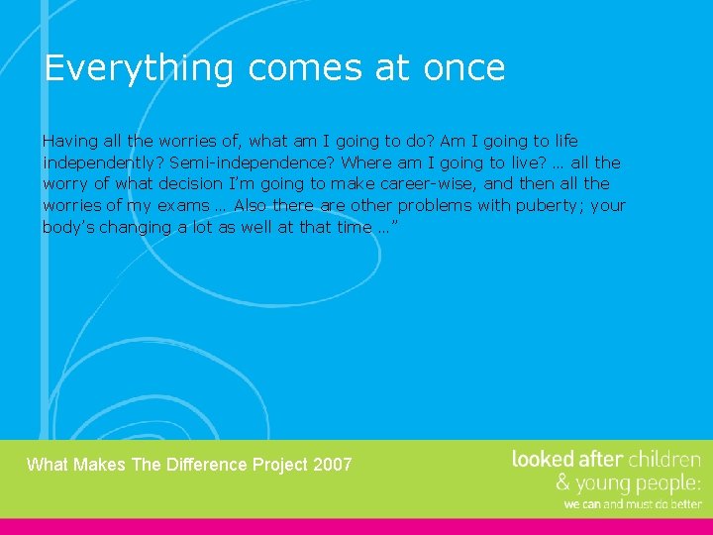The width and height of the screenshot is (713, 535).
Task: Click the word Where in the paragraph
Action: click(364, 162)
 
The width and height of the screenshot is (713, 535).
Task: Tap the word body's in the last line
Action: click(67, 228)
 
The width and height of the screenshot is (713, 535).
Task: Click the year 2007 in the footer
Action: click(332, 465)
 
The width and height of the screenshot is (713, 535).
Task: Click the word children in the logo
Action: click(664, 459)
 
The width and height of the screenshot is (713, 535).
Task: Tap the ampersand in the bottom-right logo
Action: click(562, 483)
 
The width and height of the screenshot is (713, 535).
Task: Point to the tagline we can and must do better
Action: click(632, 504)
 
